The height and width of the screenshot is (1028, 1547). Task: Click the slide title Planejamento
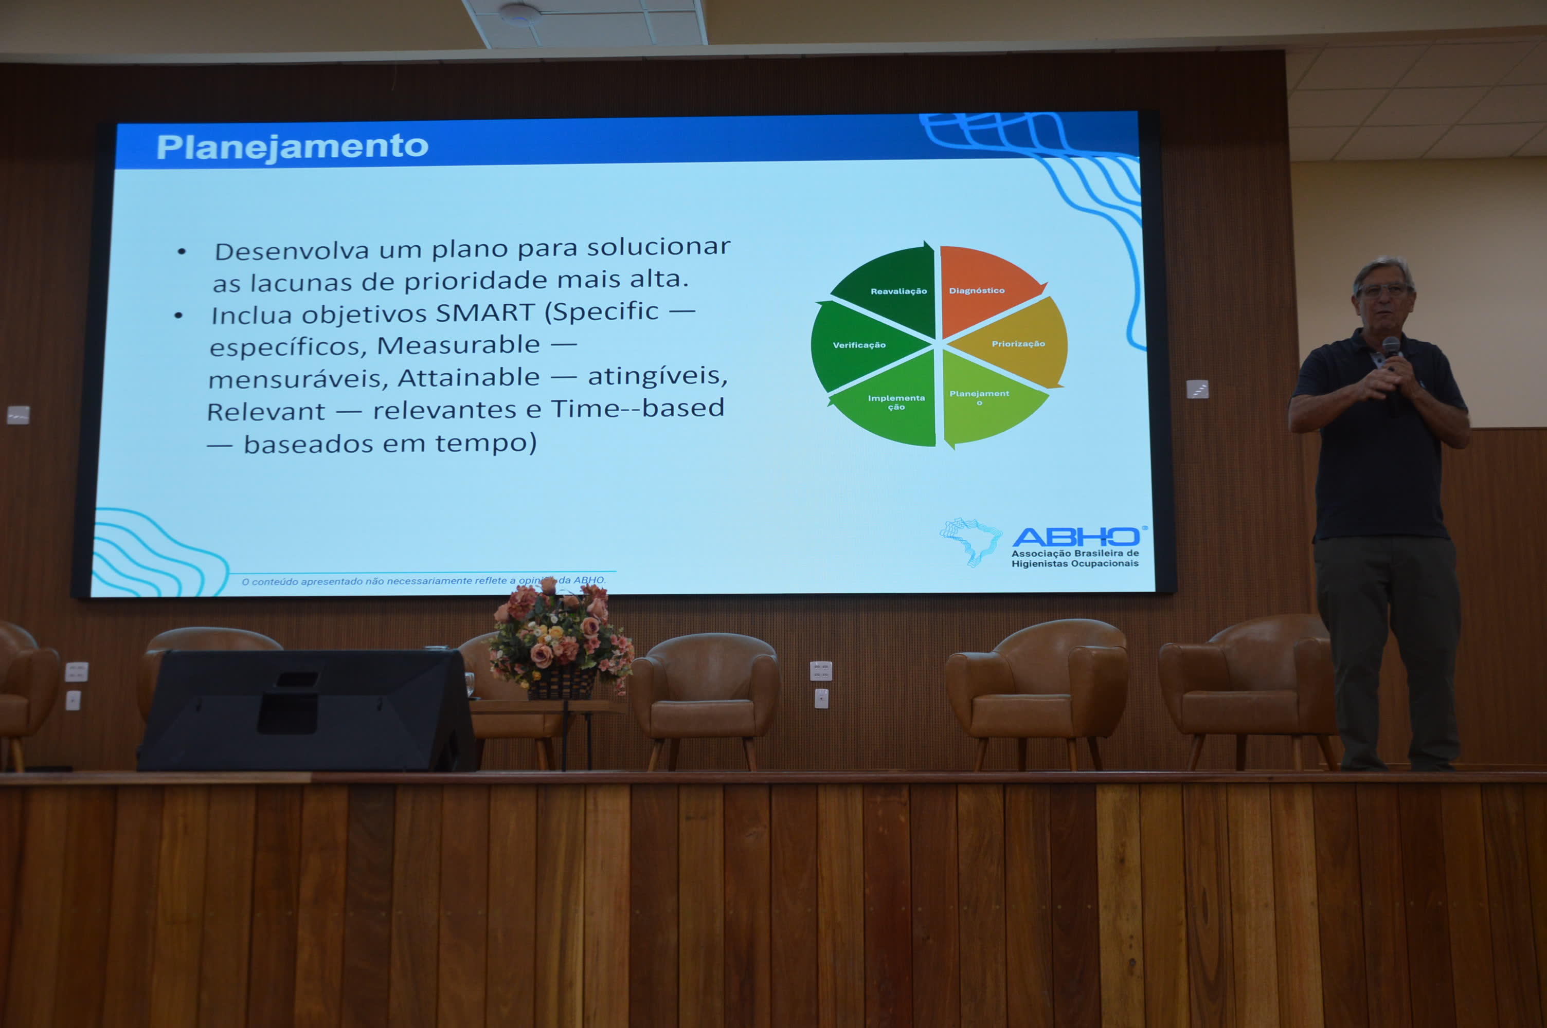293,146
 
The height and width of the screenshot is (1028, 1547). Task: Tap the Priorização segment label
1018,343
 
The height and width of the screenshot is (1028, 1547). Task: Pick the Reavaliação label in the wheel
898,291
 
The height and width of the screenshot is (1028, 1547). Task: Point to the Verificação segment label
859,345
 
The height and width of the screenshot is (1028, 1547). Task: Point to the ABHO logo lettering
1076,537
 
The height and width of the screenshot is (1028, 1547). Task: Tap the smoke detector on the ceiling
519,13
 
